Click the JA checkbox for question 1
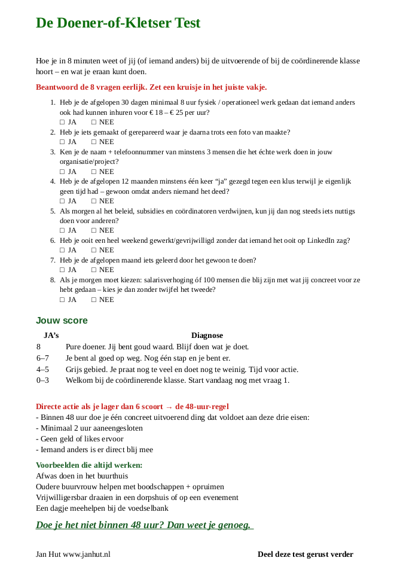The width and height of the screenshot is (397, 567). (x=62, y=122)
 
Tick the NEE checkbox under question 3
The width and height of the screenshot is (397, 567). (x=93, y=171)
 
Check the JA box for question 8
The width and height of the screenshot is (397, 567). (x=62, y=299)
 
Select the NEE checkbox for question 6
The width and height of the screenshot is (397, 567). (x=93, y=250)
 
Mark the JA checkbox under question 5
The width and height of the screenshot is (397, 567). (x=62, y=230)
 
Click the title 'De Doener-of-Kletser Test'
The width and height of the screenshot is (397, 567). (x=118, y=23)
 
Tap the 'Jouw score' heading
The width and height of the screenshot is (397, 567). (x=62, y=320)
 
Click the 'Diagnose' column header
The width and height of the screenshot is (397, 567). (x=207, y=336)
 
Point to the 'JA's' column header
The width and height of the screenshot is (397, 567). (x=51, y=336)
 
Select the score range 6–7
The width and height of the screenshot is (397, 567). (x=42, y=358)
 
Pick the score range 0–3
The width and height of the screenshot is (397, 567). (x=42, y=380)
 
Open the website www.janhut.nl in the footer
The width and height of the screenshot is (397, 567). (x=87, y=554)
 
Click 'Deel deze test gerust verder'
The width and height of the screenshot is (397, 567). (x=305, y=554)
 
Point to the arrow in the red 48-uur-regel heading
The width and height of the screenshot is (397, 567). (x=169, y=406)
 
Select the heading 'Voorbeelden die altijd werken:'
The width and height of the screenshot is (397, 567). (x=89, y=465)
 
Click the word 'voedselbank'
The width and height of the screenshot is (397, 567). (x=149, y=508)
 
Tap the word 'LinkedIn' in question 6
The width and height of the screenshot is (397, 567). (x=317, y=240)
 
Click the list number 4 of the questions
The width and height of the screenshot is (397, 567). (x=53, y=181)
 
